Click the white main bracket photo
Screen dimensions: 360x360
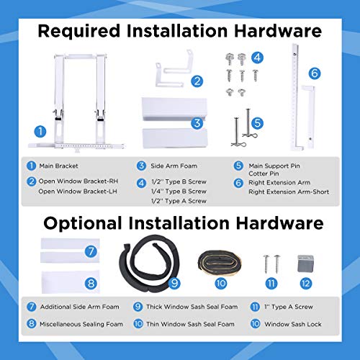78,101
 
